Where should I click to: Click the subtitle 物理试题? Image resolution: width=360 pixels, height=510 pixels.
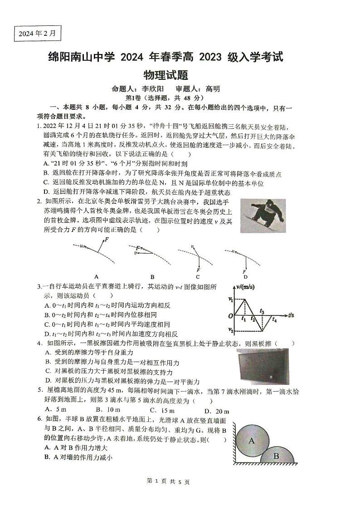tap(165, 74)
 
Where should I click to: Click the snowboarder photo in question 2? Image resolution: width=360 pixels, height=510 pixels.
tap(263, 216)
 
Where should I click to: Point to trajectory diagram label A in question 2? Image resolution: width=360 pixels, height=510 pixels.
tap(96, 276)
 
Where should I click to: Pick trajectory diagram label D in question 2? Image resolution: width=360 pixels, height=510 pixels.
tap(245, 276)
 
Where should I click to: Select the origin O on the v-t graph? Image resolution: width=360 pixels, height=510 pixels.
tap(230, 316)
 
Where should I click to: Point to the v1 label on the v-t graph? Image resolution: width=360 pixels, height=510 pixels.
tap(230, 299)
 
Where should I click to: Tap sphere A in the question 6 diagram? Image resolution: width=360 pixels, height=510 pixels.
tap(251, 440)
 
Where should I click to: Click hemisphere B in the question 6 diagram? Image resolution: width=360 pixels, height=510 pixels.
tap(276, 455)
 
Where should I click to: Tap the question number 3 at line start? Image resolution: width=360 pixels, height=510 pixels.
tap(39, 287)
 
